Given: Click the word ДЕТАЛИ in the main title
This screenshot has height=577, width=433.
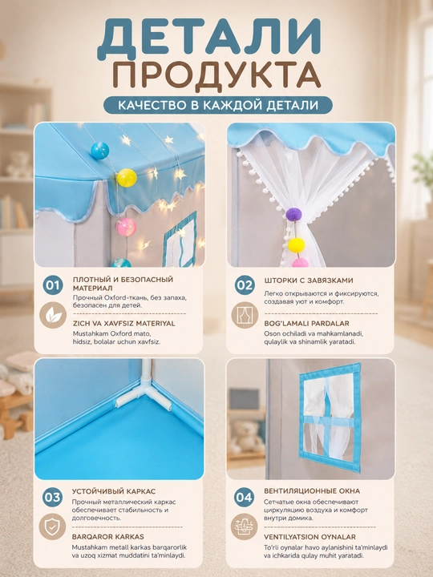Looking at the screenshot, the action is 209,38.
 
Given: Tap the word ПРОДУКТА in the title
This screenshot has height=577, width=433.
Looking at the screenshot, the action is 216,77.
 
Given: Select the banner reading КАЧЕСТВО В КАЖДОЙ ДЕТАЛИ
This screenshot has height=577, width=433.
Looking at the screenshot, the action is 218,105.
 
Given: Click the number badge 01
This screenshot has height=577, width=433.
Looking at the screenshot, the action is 53,284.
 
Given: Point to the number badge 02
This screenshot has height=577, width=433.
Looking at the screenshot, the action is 245,284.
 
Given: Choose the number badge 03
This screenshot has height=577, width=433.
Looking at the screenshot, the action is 52,497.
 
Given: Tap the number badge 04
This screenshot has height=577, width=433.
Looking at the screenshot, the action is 244,497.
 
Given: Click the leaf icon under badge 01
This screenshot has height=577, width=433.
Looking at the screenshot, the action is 53,315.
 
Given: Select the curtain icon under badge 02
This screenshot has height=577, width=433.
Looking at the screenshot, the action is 245,315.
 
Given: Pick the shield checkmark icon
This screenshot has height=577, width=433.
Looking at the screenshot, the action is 52,527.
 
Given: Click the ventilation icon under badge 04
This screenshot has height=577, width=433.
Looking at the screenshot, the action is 244,527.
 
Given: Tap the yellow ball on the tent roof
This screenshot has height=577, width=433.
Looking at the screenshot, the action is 127,178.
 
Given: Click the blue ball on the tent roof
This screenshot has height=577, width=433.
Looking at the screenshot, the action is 99,151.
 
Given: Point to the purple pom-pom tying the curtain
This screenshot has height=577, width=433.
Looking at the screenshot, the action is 293,214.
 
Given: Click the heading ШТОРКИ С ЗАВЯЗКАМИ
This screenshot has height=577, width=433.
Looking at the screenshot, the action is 309,280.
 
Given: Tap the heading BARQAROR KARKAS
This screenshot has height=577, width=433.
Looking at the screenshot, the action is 108,536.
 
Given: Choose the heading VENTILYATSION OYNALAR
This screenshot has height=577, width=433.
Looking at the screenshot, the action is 310,536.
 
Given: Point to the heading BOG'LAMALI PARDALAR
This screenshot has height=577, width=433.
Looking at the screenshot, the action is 306,323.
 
